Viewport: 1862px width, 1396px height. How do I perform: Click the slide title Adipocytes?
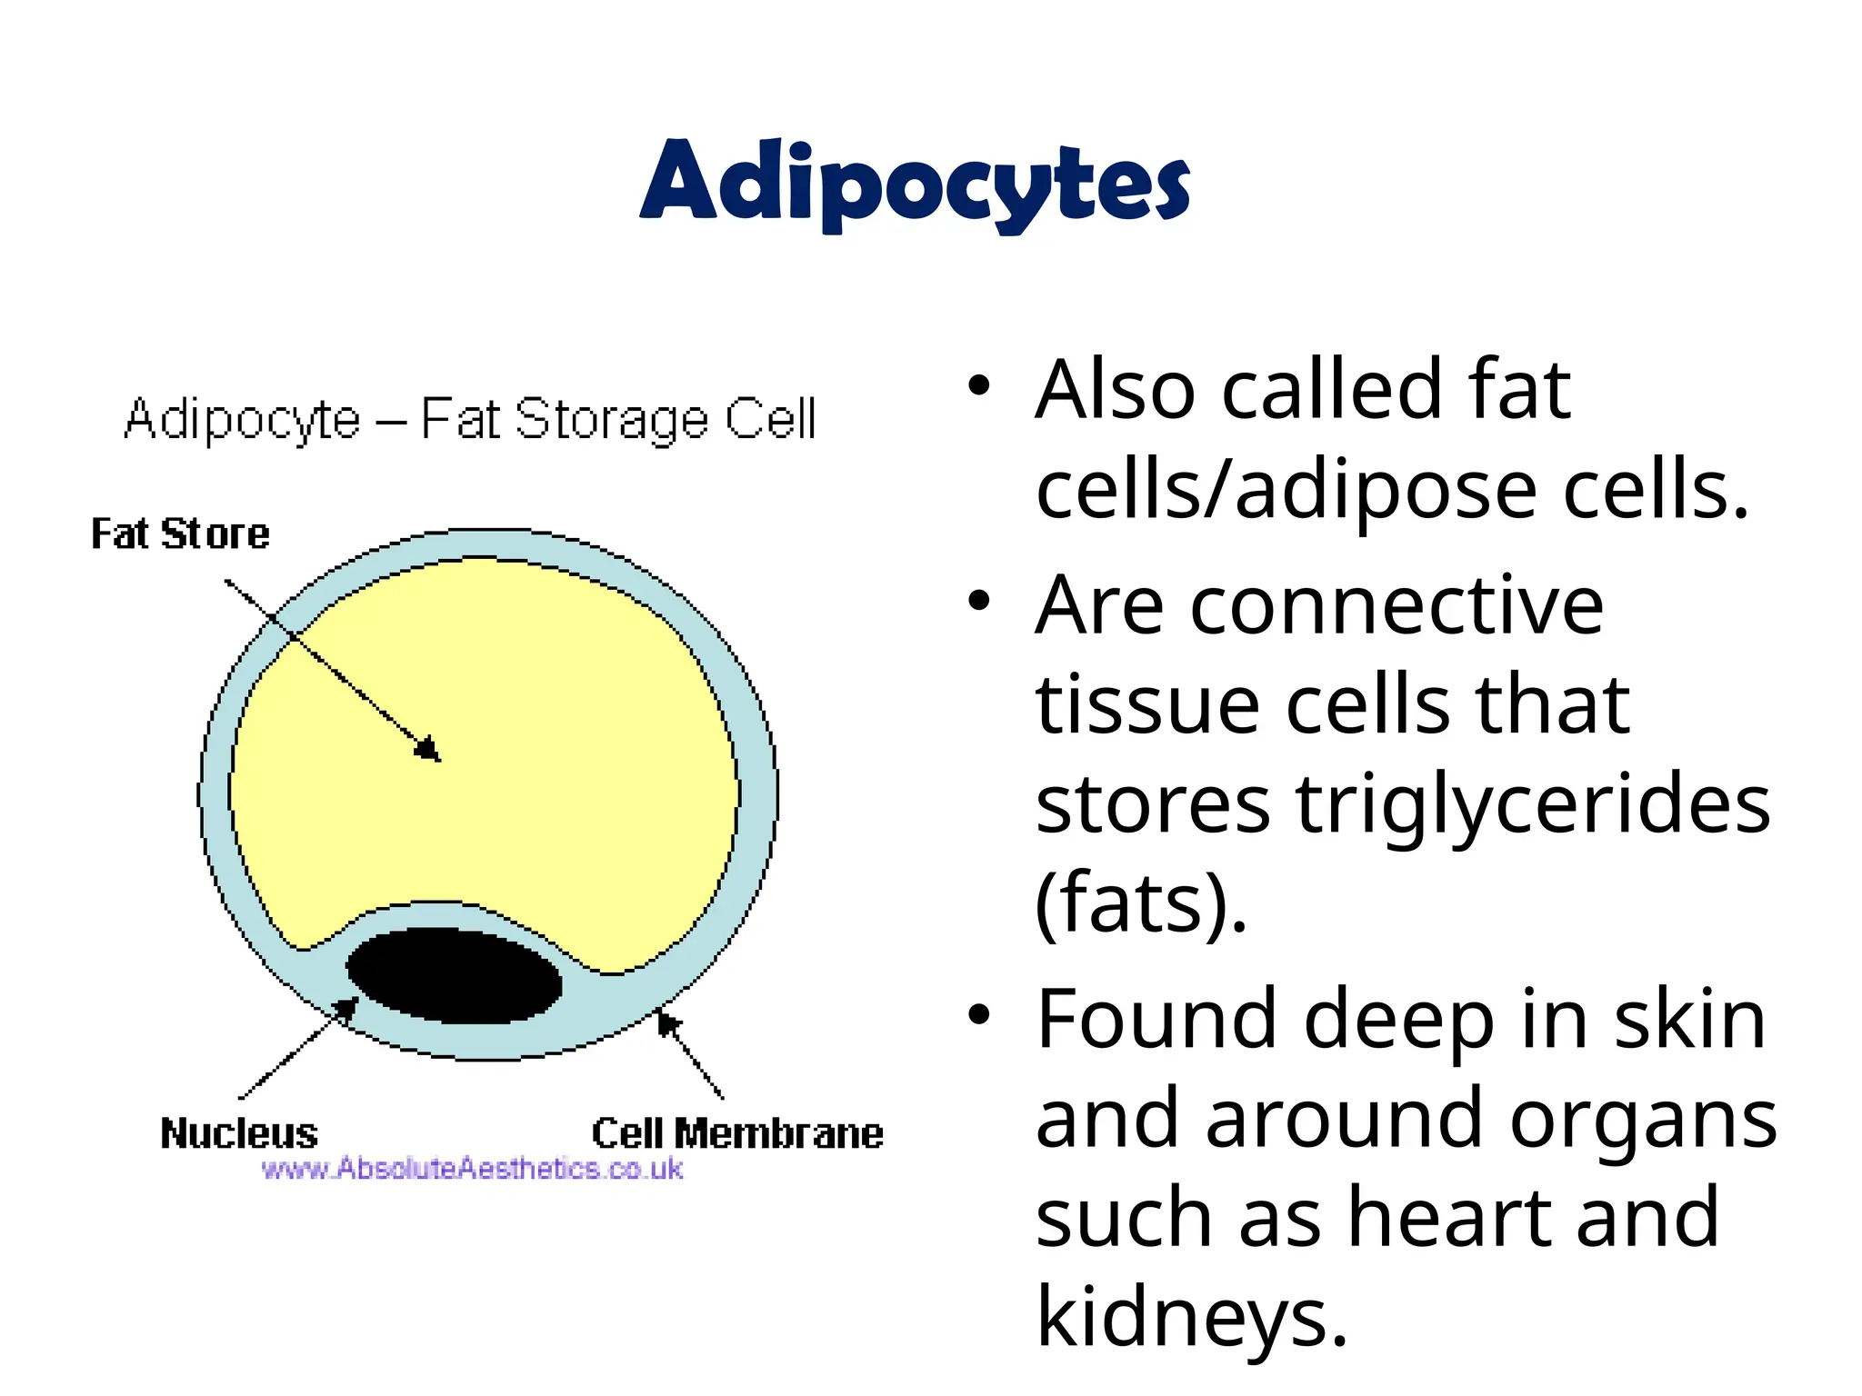[x=915, y=182]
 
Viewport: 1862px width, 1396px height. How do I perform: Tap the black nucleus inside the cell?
[x=455, y=975]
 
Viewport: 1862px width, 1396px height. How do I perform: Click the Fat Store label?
[x=180, y=533]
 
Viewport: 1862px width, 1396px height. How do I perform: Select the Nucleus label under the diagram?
[x=239, y=1133]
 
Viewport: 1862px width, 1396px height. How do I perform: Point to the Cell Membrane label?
[x=737, y=1133]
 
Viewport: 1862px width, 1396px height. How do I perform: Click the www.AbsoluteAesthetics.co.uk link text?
[x=472, y=1169]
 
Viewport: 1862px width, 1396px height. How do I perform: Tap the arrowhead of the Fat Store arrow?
[x=430, y=751]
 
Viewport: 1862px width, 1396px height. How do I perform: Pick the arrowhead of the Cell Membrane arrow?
[x=666, y=1022]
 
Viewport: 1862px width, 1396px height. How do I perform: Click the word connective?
[x=1396, y=606]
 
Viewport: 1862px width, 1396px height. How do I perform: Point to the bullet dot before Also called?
[x=978, y=386]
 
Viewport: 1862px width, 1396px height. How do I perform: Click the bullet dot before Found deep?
[x=978, y=1015]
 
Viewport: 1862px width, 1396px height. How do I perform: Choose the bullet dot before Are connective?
[x=978, y=602]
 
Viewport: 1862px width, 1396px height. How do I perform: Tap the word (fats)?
[x=1141, y=904]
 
